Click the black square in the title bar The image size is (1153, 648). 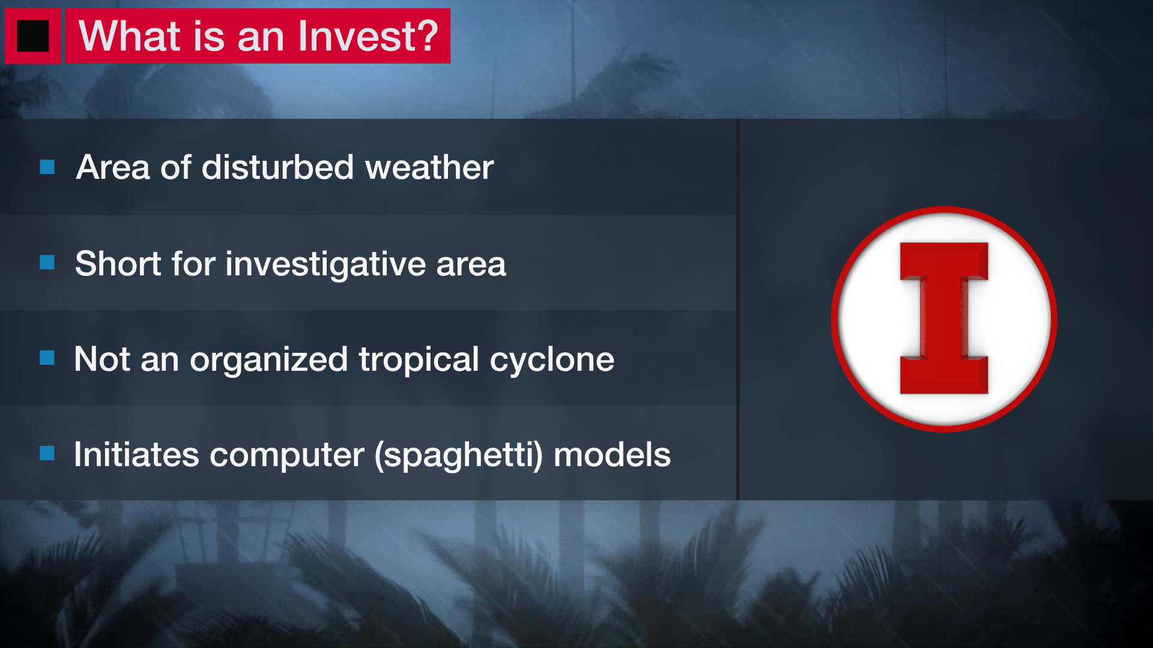tap(32, 36)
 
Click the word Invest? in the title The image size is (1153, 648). tap(368, 36)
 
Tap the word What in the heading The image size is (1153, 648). tap(130, 36)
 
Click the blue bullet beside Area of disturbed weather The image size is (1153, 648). tap(47, 167)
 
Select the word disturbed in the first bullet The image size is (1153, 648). tap(277, 167)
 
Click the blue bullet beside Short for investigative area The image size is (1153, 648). tap(47, 262)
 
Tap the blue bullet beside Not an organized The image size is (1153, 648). tap(47, 358)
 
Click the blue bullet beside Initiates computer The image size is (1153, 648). tap(47, 453)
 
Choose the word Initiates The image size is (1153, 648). tap(136, 455)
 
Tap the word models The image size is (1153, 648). tap(611, 455)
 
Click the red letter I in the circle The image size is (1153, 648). tap(943, 319)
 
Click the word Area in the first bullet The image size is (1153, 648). tap(112, 167)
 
